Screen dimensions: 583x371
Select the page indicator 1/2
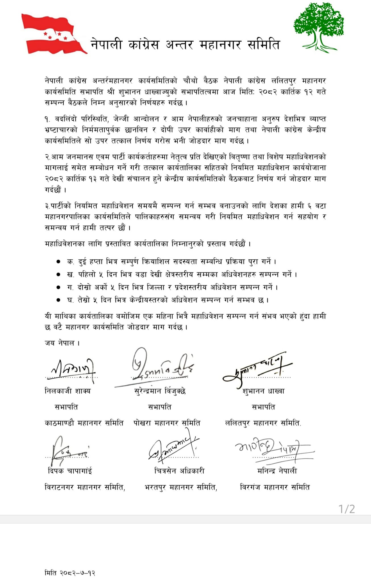[347, 509]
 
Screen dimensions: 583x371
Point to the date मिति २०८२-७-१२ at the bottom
[70, 573]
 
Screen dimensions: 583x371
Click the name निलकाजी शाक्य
[68, 391]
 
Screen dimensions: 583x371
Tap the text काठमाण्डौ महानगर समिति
[84, 423]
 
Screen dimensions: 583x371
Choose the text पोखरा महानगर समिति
[167, 423]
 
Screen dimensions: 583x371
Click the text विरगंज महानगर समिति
[275, 487]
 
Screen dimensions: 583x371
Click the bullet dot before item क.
[58, 261]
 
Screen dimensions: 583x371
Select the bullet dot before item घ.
[58, 300]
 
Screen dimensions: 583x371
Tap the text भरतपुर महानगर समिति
[181, 487]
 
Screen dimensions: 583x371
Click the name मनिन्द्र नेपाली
[277, 471]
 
